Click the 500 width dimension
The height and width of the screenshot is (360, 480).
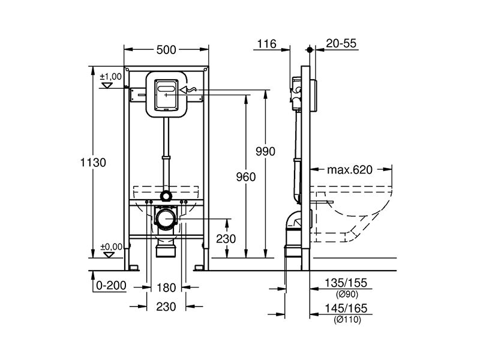[166, 50]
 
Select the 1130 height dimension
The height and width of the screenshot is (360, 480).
[93, 162]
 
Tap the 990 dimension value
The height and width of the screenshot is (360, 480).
[265, 151]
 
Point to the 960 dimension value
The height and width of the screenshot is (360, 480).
[246, 177]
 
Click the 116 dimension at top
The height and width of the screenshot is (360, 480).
[266, 44]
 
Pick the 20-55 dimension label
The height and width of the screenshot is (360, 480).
[341, 43]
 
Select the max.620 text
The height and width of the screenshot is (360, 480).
[350, 170]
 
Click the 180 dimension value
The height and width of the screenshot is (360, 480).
[166, 288]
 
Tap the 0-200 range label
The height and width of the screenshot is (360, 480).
[111, 286]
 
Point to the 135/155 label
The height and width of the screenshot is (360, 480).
[346, 283]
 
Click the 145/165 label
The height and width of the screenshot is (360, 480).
[346, 308]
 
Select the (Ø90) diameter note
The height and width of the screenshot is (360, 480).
[347, 295]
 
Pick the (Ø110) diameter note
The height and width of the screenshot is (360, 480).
[347, 320]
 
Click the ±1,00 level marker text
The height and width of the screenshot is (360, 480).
[111, 77]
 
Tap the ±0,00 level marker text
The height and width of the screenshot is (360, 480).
[112, 247]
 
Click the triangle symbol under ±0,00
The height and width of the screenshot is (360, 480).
[109, 254]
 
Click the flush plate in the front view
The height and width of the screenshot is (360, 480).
[166, 95]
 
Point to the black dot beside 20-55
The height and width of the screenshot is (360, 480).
[310, 49]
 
